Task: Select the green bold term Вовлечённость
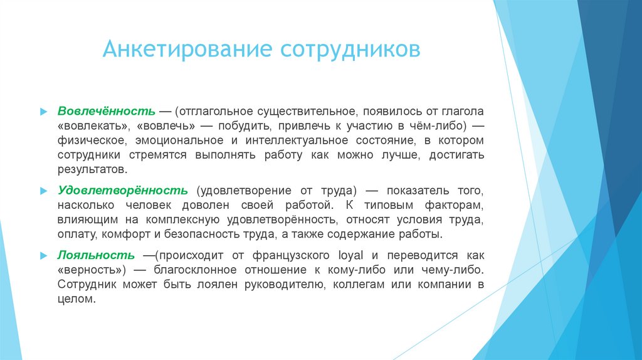tap(107, 110)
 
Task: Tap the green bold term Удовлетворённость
tap(123, 189)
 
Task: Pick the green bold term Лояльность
tap(96, 255)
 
